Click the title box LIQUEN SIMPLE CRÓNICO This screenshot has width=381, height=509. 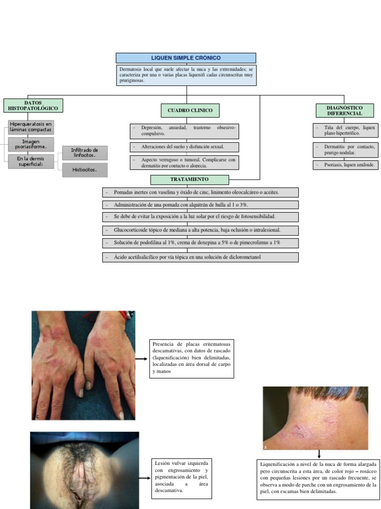[186, 58]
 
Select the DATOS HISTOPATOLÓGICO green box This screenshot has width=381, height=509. [33, 105]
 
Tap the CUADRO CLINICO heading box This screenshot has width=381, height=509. [190, 110]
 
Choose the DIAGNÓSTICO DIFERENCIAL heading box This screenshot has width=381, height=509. [345, 110]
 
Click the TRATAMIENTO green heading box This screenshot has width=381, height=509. [190, 179]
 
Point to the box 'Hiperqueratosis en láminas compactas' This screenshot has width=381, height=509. [31, 127]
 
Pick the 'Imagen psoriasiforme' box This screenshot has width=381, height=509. [31, 144]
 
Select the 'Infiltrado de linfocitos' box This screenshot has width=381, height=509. [84, 153]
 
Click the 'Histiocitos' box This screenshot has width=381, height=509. [84, 170]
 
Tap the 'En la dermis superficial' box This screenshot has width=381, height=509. [31, 162]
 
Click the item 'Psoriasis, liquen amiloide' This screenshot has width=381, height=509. [346, 165]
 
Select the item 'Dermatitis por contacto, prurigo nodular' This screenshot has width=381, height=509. [346, 150]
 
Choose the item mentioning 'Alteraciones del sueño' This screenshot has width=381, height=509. [185, 147]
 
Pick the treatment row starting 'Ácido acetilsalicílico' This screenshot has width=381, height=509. [200, 257]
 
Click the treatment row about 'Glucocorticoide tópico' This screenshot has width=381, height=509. [200, 230]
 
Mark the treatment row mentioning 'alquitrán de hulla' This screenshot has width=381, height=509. [200, 205]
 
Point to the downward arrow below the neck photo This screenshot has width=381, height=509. [319, 454]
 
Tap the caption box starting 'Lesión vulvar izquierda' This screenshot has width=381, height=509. [182, 479]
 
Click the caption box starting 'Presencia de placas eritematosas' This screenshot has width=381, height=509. [191, 358]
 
